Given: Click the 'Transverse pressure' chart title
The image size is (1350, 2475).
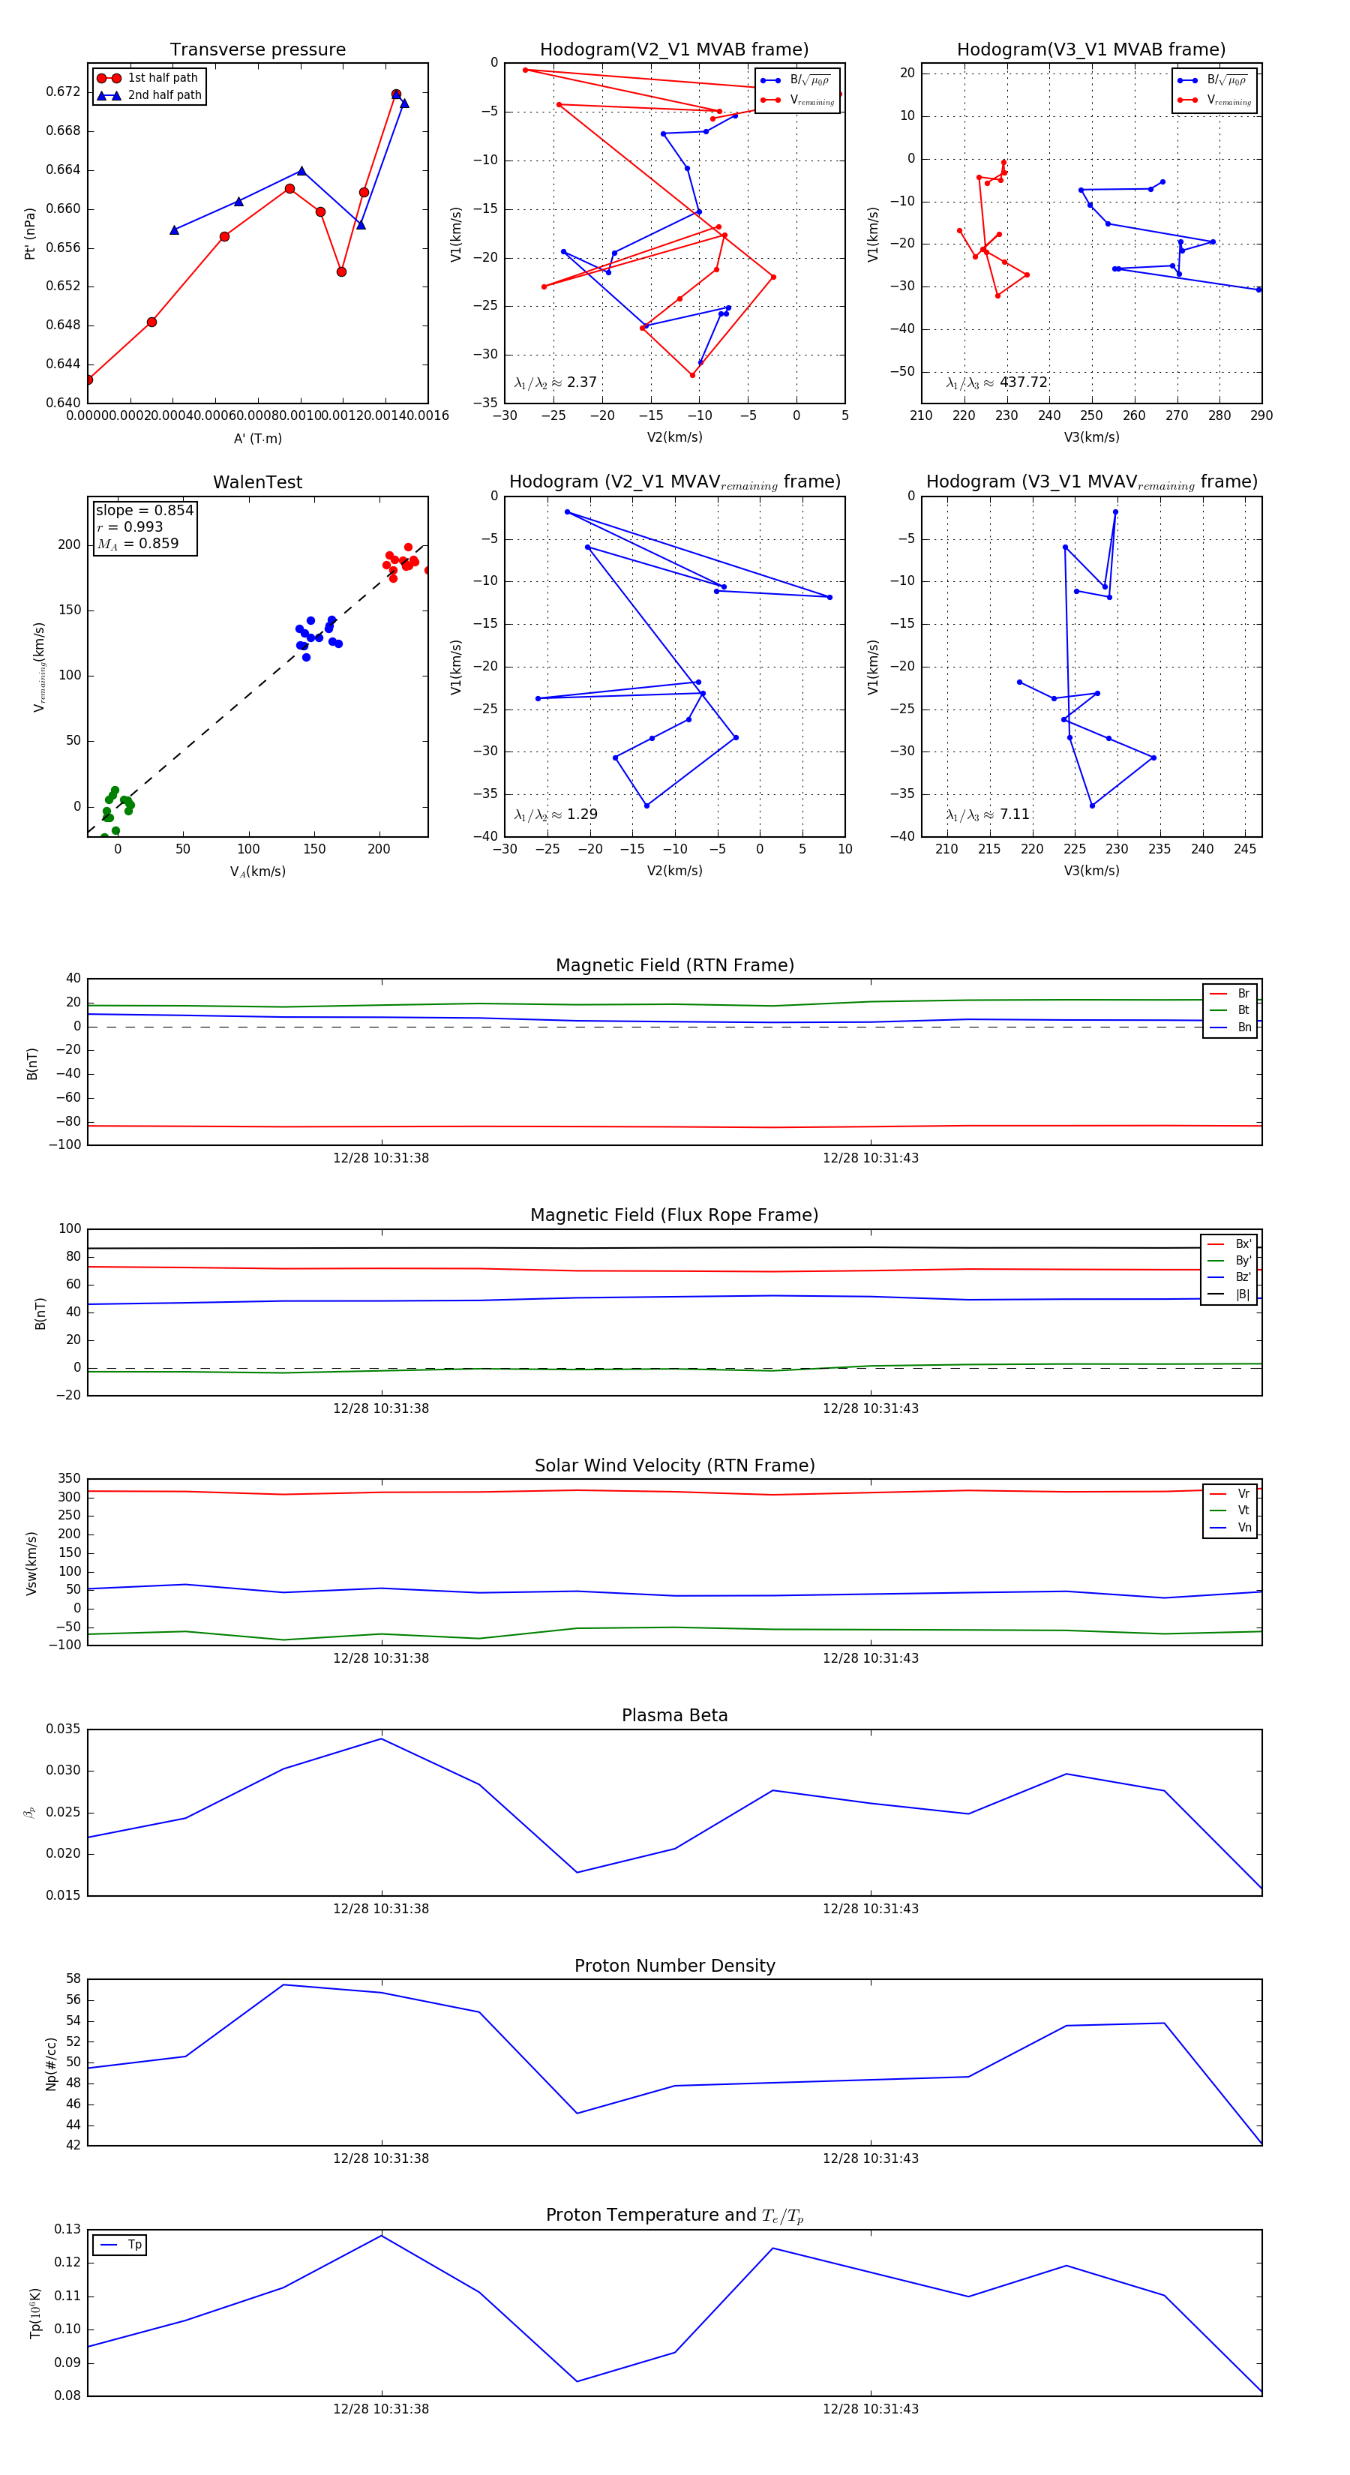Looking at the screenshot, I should point(257,50).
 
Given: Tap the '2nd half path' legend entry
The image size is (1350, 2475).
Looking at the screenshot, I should point(164,95).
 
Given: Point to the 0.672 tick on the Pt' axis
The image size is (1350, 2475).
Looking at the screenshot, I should point(64,92).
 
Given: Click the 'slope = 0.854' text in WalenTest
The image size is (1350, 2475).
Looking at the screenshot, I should point(144,510).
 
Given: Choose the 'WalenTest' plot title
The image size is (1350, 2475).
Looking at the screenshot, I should point(257,482).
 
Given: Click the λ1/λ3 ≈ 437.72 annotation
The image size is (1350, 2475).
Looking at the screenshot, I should point(997,382).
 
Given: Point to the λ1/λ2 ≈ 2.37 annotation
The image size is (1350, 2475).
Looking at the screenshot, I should point(555,382).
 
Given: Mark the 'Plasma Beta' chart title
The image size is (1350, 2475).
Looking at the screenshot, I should point(674,1716).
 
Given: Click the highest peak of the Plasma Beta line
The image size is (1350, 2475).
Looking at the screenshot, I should point(382,1739).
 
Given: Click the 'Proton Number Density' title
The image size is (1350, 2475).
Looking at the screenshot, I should point(674,1966).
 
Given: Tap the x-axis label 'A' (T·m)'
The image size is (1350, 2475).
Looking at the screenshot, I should point(257,438).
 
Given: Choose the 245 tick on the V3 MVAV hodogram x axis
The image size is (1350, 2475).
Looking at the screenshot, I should point(1244,848).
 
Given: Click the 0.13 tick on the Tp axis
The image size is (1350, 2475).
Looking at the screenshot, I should point(67,2229).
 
